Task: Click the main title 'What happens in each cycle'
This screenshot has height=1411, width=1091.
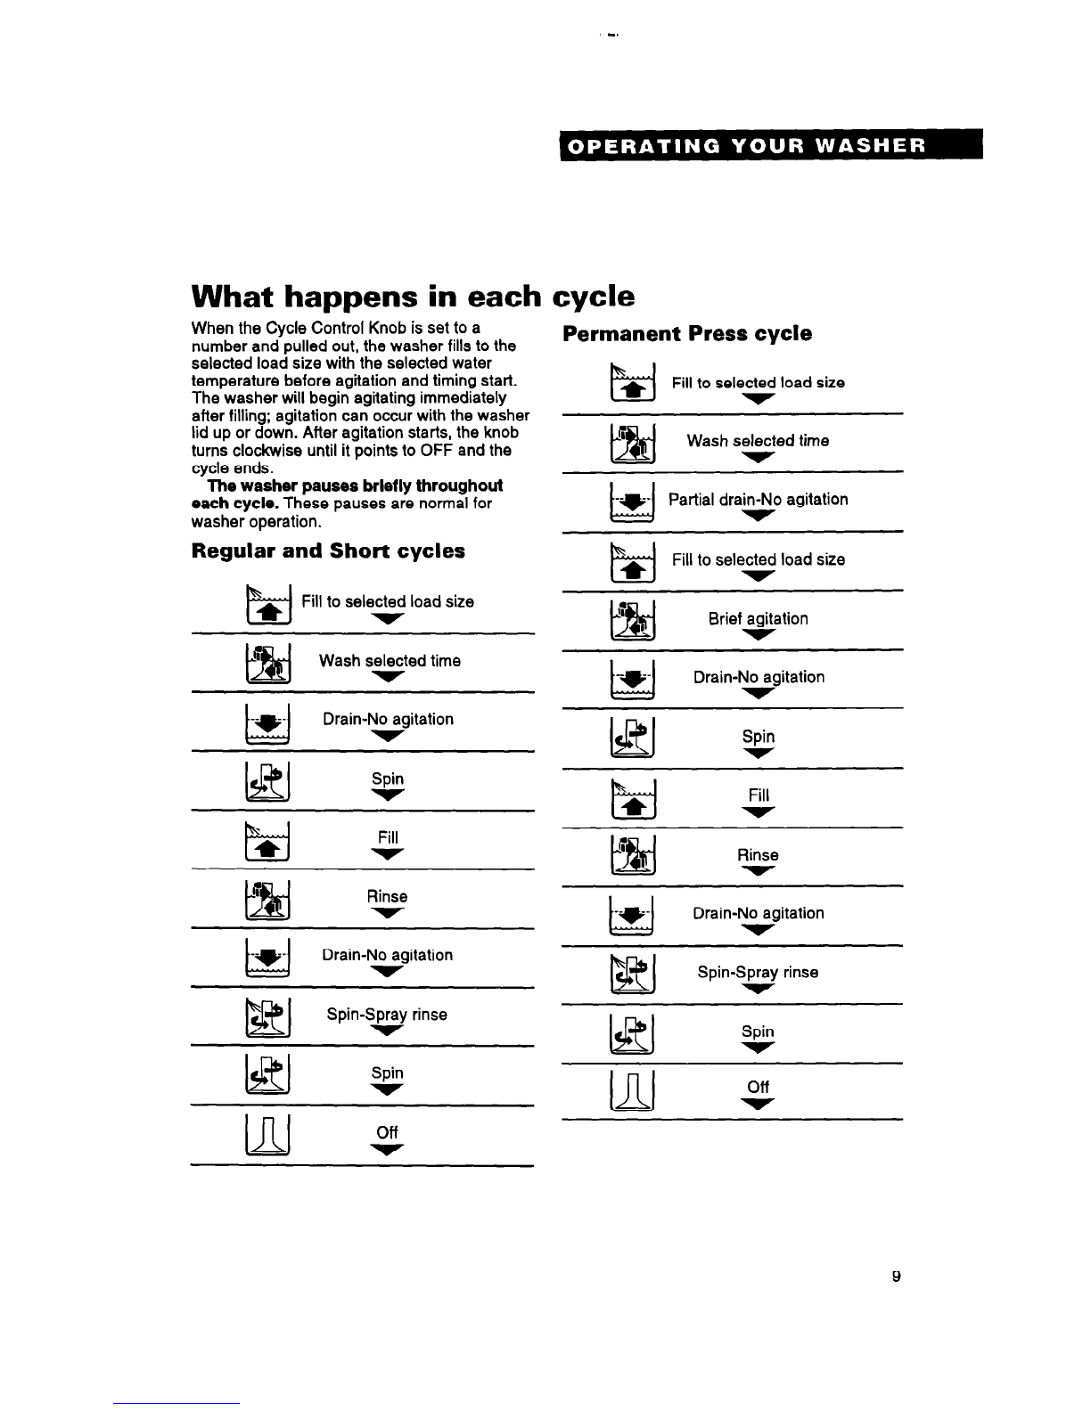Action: (414, 296)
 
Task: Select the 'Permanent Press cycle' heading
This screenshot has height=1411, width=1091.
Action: (687, 334)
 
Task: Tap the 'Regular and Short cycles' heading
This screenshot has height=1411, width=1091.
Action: (328, 551)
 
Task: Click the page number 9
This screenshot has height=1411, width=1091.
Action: (897, 1276)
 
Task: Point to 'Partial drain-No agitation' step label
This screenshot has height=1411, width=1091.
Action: (758, 500)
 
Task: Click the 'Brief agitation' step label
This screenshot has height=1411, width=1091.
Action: (758, 618)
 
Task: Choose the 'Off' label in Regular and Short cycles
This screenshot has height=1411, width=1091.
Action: (387, 1132)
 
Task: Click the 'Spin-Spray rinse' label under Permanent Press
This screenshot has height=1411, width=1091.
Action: (758, 973)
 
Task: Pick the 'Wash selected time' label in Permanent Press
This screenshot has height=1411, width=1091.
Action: (758, 441)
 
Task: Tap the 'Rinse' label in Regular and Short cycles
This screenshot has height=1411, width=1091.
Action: (387, 896)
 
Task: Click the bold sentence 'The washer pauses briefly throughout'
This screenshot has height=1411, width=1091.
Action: (355, 486)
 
